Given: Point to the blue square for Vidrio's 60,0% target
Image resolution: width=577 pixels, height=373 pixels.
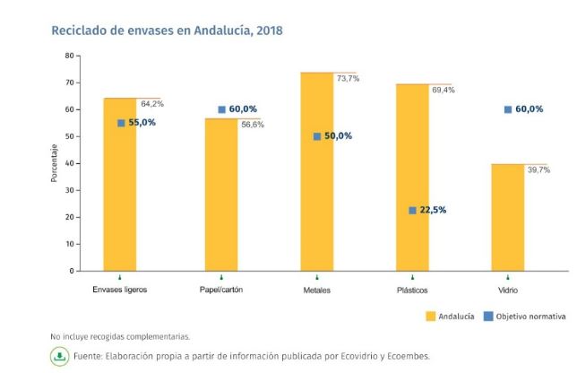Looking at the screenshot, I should [508, 109].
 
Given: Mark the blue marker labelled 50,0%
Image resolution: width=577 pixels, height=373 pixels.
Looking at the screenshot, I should [317, 136].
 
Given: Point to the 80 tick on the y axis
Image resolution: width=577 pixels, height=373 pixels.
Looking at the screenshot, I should [69, 56].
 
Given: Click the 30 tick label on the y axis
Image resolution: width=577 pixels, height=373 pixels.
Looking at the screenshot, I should [69, 190].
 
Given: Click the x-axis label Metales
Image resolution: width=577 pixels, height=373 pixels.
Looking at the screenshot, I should [317, 291].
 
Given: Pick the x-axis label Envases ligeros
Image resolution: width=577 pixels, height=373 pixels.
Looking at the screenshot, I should [120, 291].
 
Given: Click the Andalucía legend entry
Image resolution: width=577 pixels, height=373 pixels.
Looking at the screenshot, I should [448, 317].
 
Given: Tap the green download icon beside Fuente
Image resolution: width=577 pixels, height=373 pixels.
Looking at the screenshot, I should [59, 356].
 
